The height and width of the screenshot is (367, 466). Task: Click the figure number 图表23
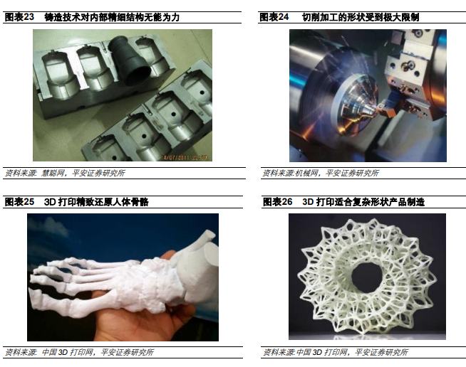coord(20,17)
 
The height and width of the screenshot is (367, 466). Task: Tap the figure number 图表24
coord(274,17)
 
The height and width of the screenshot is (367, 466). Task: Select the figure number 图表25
coord(20,202)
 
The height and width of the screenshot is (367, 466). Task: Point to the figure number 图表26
coord(278,202)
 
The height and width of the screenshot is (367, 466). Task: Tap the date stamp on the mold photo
coord(184,158)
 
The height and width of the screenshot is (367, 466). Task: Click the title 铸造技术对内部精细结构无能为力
coord(112,17)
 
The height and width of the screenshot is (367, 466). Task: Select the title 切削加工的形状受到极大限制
coord(361,17)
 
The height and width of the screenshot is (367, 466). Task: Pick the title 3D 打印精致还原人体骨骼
coord(96,202)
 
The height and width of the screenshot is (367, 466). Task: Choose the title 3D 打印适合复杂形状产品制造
coord(363,202)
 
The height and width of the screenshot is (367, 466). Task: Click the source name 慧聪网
coord(53,173)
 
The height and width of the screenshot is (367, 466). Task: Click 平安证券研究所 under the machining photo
coord(353,173)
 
